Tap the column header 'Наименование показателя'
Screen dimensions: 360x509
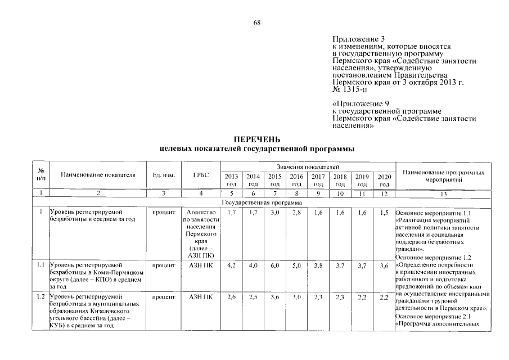pos(98,175)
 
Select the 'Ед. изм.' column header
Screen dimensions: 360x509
pos(164,175)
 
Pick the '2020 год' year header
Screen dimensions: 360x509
pos(384,180)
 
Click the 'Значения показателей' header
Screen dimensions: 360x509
pos(308,167)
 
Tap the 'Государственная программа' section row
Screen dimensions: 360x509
pos(262,202)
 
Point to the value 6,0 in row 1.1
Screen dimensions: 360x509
pos(275,265)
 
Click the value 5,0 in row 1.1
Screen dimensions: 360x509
pos(297,265)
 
